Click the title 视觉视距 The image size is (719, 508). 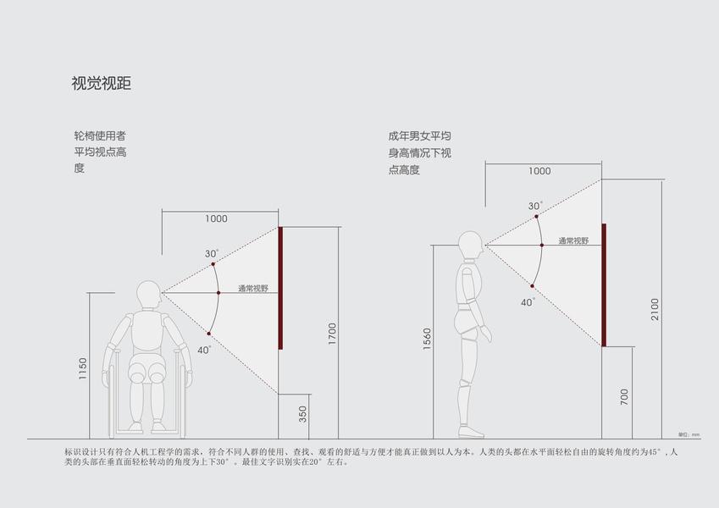[101, 84]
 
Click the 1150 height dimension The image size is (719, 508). [82, 369]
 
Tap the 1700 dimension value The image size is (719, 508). [332, 334]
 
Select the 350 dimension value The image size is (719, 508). [303, 415]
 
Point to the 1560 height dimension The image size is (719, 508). [427, 340]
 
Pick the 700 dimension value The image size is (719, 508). [624, 396]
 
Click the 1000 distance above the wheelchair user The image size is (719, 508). [216, 218]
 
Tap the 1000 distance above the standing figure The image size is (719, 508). [539, 171]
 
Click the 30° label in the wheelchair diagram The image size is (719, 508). [211, 253]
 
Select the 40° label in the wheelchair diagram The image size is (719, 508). [204, 350]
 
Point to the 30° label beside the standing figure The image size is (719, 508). [535, 206]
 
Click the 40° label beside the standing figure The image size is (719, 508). [528, 302]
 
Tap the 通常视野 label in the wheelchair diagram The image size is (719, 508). [252, 289]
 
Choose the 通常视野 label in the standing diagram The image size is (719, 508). [573, 241]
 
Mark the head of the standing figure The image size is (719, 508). [471, 246]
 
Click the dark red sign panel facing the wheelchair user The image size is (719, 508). [280, 288]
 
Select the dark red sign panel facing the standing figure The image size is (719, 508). [604, 284]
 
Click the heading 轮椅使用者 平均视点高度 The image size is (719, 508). [100, 152]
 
